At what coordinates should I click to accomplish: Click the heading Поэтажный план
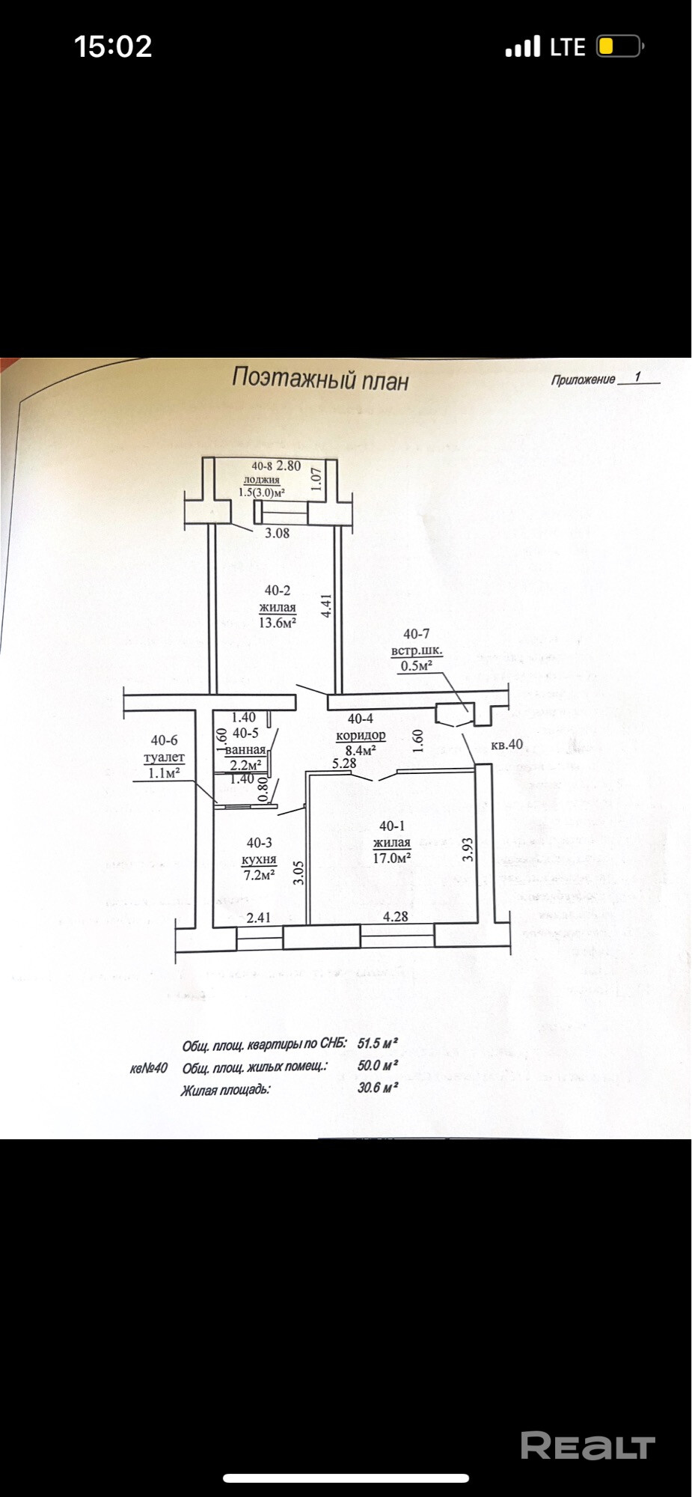click(x=320, y=379)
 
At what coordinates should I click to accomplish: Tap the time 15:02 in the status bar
click(x=114, y=46)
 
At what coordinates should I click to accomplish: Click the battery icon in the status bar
click(x=619, y=46)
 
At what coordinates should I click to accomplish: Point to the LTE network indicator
click(x=567, y=47)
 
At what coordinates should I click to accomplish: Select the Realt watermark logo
click(x=587, y=1446)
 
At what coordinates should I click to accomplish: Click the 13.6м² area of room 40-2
click(x=278, y=622)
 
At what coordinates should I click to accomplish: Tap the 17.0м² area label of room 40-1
click(x=392, y=858)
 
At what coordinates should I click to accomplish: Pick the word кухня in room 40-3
click(x=260, y=859)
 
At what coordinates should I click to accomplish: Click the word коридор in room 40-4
click(x=361, y=735)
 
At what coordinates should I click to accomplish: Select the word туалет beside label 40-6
click(x=164, y=757)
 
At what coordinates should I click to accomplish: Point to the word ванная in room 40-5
click(x=245, y=749)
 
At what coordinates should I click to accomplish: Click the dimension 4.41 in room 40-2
click(x=325, y=606)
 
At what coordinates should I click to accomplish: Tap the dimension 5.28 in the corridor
click(x=344, y=763)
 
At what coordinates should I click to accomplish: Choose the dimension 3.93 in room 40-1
click(x=468, y=850)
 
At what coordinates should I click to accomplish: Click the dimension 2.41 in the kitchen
click(x=259, y=917)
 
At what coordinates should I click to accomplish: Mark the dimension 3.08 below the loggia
click(x=278, y=533)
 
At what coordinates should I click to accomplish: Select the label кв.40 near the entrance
click(x=506, y=745)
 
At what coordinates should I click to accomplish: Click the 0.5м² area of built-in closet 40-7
click(x=417, y=665)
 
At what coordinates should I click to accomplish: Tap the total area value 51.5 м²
click(x=377, y=1043)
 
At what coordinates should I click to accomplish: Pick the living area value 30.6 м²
click(x=377, y=1088)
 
